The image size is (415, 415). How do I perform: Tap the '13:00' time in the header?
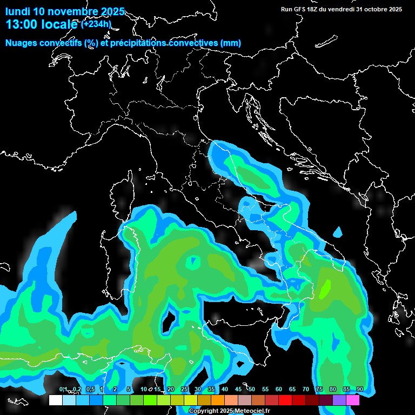click(21, 24)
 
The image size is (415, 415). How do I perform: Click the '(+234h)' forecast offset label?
click(96, 24)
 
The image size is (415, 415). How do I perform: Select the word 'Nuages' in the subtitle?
click(21, 43)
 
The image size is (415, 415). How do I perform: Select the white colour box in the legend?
click(55, 400)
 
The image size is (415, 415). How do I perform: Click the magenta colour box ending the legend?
click(353, 400)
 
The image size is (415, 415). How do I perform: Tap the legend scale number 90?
click(359, 390)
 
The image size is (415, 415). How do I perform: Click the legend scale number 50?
click(252, 390)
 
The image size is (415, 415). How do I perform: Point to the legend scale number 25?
click(184, 390)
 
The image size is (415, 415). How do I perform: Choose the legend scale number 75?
click(319, 390)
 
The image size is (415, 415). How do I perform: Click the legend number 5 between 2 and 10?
click(129, 390)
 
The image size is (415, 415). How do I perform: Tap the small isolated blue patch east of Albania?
click(338, 233)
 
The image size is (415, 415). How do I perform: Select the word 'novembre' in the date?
click(73, 11)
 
